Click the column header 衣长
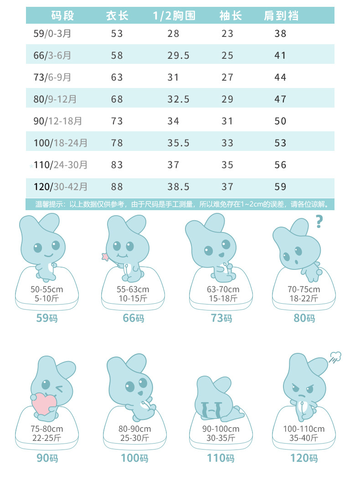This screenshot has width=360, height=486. [117, 16]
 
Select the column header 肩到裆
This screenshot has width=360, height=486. [281, 16]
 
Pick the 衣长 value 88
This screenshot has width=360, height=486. [117, 186]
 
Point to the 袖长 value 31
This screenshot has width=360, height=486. [227, 121]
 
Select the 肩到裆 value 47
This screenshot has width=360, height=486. [280, 99]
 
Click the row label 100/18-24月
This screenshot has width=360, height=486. [61, 143]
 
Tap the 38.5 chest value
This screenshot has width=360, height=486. [176, 186]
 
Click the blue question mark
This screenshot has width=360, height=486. [319, 222]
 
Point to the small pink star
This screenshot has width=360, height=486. [106, 257]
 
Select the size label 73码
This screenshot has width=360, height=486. [221, 318]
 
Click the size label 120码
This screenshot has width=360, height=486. [304, 457]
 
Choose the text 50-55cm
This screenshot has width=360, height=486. [46, 290]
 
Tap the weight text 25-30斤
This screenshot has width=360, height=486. [134, 438]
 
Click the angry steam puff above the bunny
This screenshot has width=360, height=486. [335, 357]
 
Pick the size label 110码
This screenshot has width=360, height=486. [221, 457]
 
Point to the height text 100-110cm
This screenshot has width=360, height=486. [304, 429]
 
